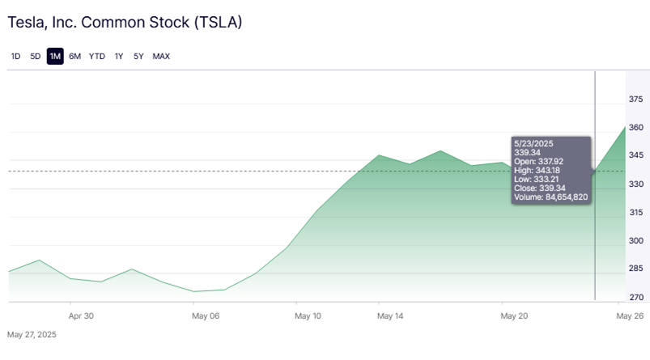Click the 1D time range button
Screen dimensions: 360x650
click(x=15, y=56)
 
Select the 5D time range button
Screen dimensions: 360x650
click(x=35, y=56)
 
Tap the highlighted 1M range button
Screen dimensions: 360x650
click(x=55, y=56)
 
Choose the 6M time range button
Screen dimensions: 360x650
click(x=74, y=56)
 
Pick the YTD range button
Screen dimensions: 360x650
click(x=97, y=56)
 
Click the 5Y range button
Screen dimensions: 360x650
click(x=138, y=56)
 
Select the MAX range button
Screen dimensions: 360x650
click(x=161, y=56)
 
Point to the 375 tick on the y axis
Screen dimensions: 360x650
click(x=635, y=100)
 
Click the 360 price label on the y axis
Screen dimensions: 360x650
click(x=635, y=128)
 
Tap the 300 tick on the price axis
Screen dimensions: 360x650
click(x=635, y=240)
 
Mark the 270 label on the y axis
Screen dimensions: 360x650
click(x=635, y=297)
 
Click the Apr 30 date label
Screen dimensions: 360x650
click(x=81, y=316)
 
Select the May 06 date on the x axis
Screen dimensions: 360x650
click(x=206, y=316)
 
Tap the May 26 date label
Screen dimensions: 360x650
click(x=629, y=316)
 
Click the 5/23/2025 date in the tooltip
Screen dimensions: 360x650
click(x=532, y=142)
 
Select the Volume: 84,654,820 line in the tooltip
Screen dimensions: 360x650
click(x=550, y=197)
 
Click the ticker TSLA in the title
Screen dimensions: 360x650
click(x=218, y=23)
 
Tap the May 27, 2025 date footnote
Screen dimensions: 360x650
click(x=32, y=334)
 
